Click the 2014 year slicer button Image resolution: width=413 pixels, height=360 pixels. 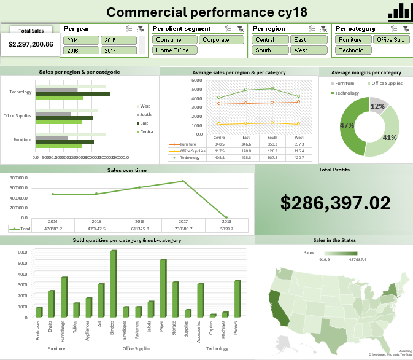click(x=80, y=40)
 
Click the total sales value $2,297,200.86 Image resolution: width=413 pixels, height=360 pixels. click(x=30, y=44)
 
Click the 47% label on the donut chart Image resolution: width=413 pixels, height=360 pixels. click(x=347, y=125)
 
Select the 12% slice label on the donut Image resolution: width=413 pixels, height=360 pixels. click(x=377, y=106)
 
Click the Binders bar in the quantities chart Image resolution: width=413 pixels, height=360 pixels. click(x=114, y=283)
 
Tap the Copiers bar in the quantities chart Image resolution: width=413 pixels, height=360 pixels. click(x=213, y=315)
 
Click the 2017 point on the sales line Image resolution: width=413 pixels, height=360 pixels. click(x=183, y=181)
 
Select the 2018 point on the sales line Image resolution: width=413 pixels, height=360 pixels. click(x=226, y=217)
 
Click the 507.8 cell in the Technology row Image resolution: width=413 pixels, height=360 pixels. click(x=273, y=157)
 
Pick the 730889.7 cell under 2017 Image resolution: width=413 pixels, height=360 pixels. click(x=183, y=229)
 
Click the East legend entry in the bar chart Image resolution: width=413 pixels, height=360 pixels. click(x=144, y=123)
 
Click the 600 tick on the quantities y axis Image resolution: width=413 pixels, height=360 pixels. click(x=22, y=252)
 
